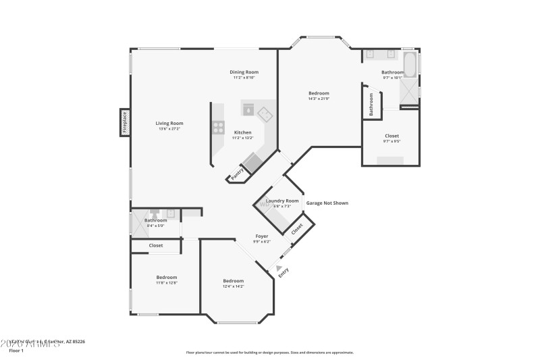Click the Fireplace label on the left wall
125,123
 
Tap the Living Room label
169,123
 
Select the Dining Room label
244,72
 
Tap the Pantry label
237,174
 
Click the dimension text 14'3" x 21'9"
319,99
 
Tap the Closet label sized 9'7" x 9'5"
391,136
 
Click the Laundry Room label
282,201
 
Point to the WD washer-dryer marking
264,204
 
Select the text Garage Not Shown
327,203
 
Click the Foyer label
261,236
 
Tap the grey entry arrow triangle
279,268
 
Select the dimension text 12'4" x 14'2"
234,286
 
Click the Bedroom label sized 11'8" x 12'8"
167,278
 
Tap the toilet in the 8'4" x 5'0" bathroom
155,211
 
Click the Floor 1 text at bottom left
16,351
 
